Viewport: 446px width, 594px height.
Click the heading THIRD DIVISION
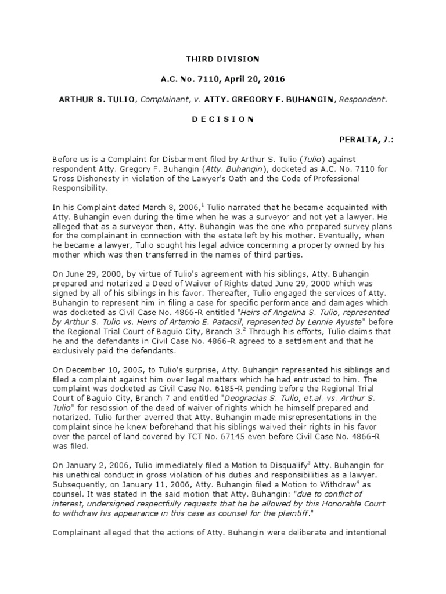point(222,59)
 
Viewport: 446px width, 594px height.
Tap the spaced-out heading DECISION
point(222,119)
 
